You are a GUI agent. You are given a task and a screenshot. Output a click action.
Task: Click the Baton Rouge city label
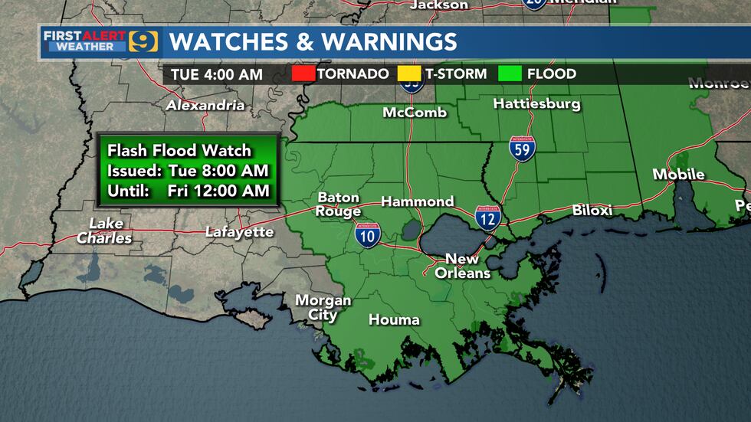pyautogui.click(x=339, y=204)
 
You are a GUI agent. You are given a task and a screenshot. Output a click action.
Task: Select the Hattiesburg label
pyautogui.click(x=536, y=103)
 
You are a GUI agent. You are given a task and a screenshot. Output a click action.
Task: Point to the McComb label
pyautogui.click(x=415, y=113)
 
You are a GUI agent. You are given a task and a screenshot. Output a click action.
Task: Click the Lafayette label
pyautogui.click(x=239, y=231)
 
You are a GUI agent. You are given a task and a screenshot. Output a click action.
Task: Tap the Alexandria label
pyautogui.click(x=205, y=105)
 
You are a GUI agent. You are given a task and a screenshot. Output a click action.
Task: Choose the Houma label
pyautogui.click(x=394, y=319)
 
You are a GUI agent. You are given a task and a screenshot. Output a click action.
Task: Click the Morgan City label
pyautogui.click(x=323, y=307)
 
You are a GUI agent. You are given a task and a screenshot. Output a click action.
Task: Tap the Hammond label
pyautogui.click(x=418, y=201)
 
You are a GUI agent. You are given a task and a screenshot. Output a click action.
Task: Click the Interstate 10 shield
pyautogui.click(x=367, y=235)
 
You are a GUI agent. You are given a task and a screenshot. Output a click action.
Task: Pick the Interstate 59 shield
pyautogui.click(x=521, y=149)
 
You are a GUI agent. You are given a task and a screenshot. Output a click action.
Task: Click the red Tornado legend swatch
pyautogui.click(x=303, y=74)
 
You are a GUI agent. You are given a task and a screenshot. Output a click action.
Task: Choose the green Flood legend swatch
pyautogui.click(x=510, y=74)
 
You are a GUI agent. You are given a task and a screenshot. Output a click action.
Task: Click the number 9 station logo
pyautogui.click(x=143, y=41)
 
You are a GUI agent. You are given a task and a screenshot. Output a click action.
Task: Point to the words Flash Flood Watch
pyautogui.click(x=179, y=150)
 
